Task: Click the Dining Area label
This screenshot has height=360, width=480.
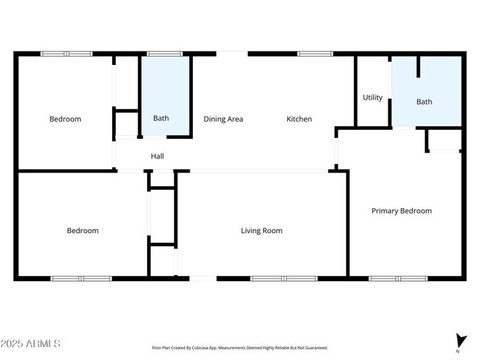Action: point(223,119)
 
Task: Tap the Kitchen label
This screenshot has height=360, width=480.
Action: point(299,119)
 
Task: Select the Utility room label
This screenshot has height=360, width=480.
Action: point(372,97)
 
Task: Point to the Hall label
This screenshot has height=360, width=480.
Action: point(157,156)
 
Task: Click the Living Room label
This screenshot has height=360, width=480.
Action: point(261,231)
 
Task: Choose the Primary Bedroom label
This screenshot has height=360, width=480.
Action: point(401,211)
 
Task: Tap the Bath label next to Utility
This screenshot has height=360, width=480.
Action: point(424,102)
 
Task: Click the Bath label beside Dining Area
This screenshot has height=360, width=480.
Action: point(161,118)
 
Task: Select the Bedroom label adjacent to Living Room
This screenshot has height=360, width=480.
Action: point(83,231)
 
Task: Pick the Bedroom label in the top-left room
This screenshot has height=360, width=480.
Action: point(65,119)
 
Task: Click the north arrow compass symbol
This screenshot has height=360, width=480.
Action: point(462,341)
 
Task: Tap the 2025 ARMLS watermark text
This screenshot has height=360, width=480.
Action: point(31,344)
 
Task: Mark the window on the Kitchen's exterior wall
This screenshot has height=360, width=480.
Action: point(315,54)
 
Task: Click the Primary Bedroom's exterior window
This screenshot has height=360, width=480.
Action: point(398,278)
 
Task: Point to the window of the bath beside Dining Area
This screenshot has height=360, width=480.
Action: point(164,54)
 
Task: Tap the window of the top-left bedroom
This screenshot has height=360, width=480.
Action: point(66,54)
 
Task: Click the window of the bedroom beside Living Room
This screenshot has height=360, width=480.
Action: point(81,278)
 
